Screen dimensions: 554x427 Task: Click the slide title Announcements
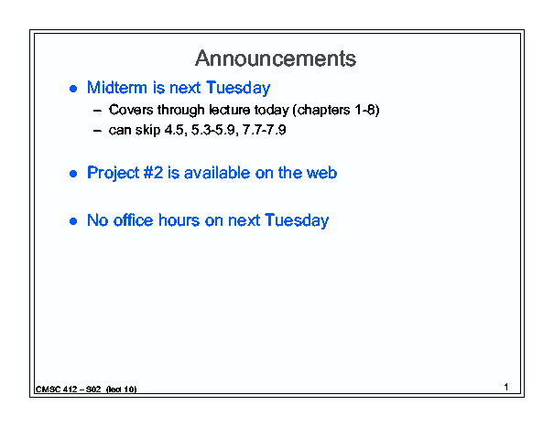coord(276,59)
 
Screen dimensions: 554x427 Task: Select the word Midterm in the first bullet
coord(117,87)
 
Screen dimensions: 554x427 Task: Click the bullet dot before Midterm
coord(73,89)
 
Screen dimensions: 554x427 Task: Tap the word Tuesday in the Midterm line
coord(238,88)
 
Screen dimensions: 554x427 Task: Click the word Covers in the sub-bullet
coord(131,110)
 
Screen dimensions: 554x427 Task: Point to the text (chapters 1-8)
coord(336,110)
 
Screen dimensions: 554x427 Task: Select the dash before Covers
coord(97,111)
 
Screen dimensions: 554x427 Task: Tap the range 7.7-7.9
coord(265,130)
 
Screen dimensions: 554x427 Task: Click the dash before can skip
coord(97,132)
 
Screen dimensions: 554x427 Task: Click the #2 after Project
coord(153,173)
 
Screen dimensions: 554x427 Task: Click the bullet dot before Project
coord(73,174)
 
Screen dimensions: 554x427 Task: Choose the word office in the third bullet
coord(134,220)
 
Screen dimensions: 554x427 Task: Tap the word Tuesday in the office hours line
coord(297,220)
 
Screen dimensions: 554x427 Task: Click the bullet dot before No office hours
coord(73,221)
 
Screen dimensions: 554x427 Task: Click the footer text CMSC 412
coord(56,390)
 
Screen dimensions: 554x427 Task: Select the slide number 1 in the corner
coord(506,387)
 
